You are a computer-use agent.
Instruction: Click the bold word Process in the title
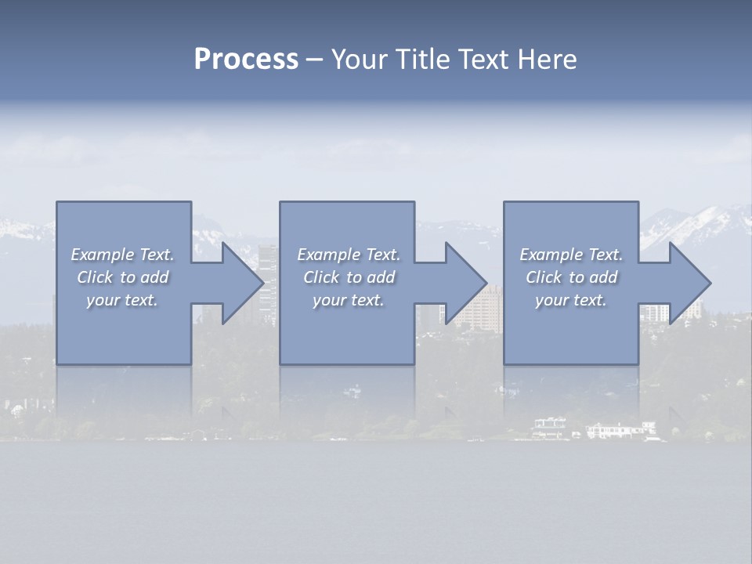click(246, 60)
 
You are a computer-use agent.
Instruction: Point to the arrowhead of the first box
click(243, 283)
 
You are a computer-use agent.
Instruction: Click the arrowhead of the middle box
click(466, 283)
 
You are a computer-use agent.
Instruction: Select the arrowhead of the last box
click(690, 283)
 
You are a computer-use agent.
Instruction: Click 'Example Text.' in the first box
click(123, 255)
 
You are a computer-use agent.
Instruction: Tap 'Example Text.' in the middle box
click(349, 255)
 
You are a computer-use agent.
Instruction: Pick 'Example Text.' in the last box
click(571, 255)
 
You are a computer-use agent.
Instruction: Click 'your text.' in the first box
click(122, 300)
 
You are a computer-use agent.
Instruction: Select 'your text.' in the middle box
click(348, 300)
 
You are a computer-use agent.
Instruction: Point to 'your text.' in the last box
click(570, 300)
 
